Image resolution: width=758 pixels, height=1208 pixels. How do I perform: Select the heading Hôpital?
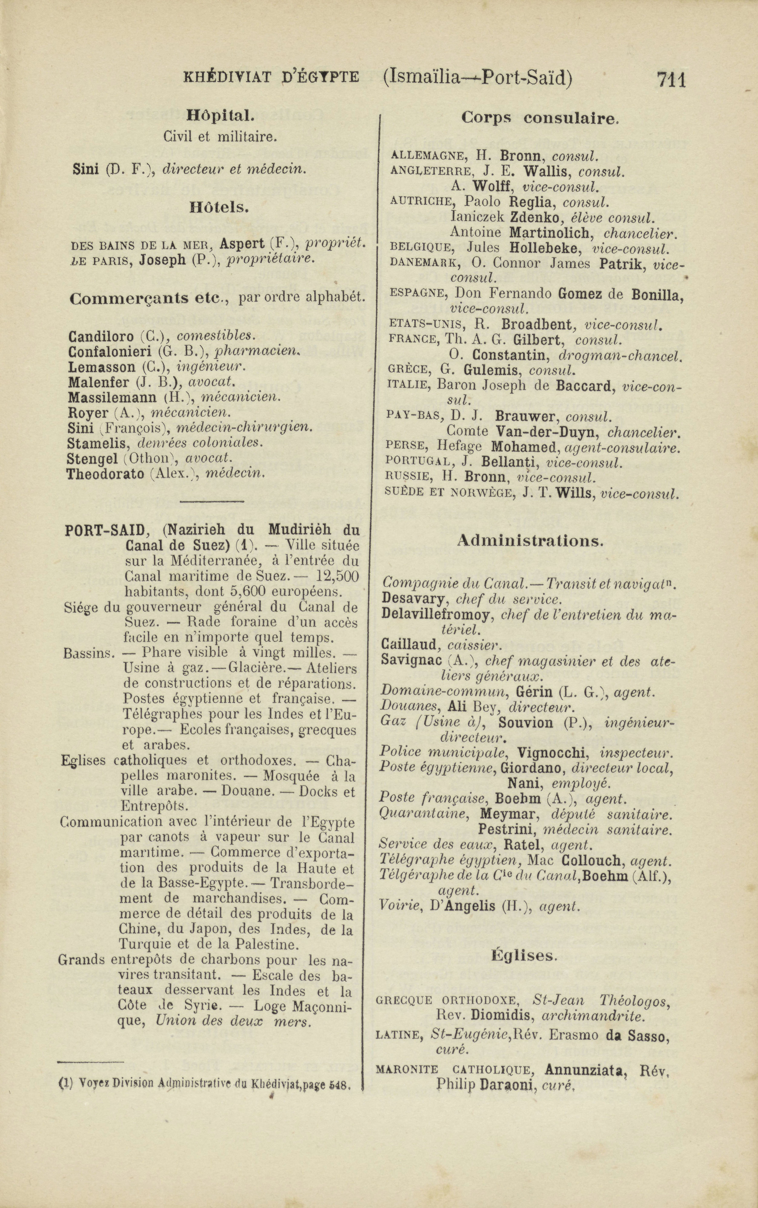click(x=221, y=116)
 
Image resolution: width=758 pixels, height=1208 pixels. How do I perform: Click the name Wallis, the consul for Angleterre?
click(x=548, y=171)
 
